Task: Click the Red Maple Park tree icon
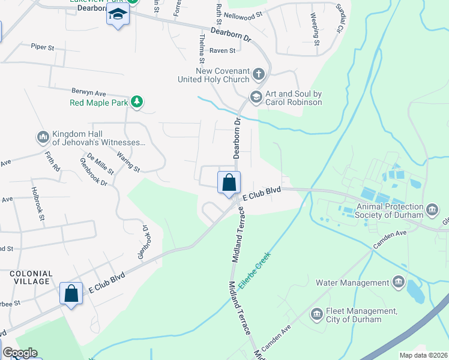tap(137, 103)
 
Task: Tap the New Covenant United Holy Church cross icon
tap(258, 74)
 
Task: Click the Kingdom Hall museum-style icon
tap(43, 138)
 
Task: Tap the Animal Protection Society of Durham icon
tap(433, 211)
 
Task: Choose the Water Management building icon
tap(397, 282)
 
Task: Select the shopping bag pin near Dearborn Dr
tap(229, 184)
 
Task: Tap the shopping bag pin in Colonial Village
tap(71, 294)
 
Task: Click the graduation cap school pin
tap(118, 16)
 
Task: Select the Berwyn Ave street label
tap(88, 94)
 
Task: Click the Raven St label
tap(222, 52)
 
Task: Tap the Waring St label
tap(128, 162)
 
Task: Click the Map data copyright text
tap(423, 355)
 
